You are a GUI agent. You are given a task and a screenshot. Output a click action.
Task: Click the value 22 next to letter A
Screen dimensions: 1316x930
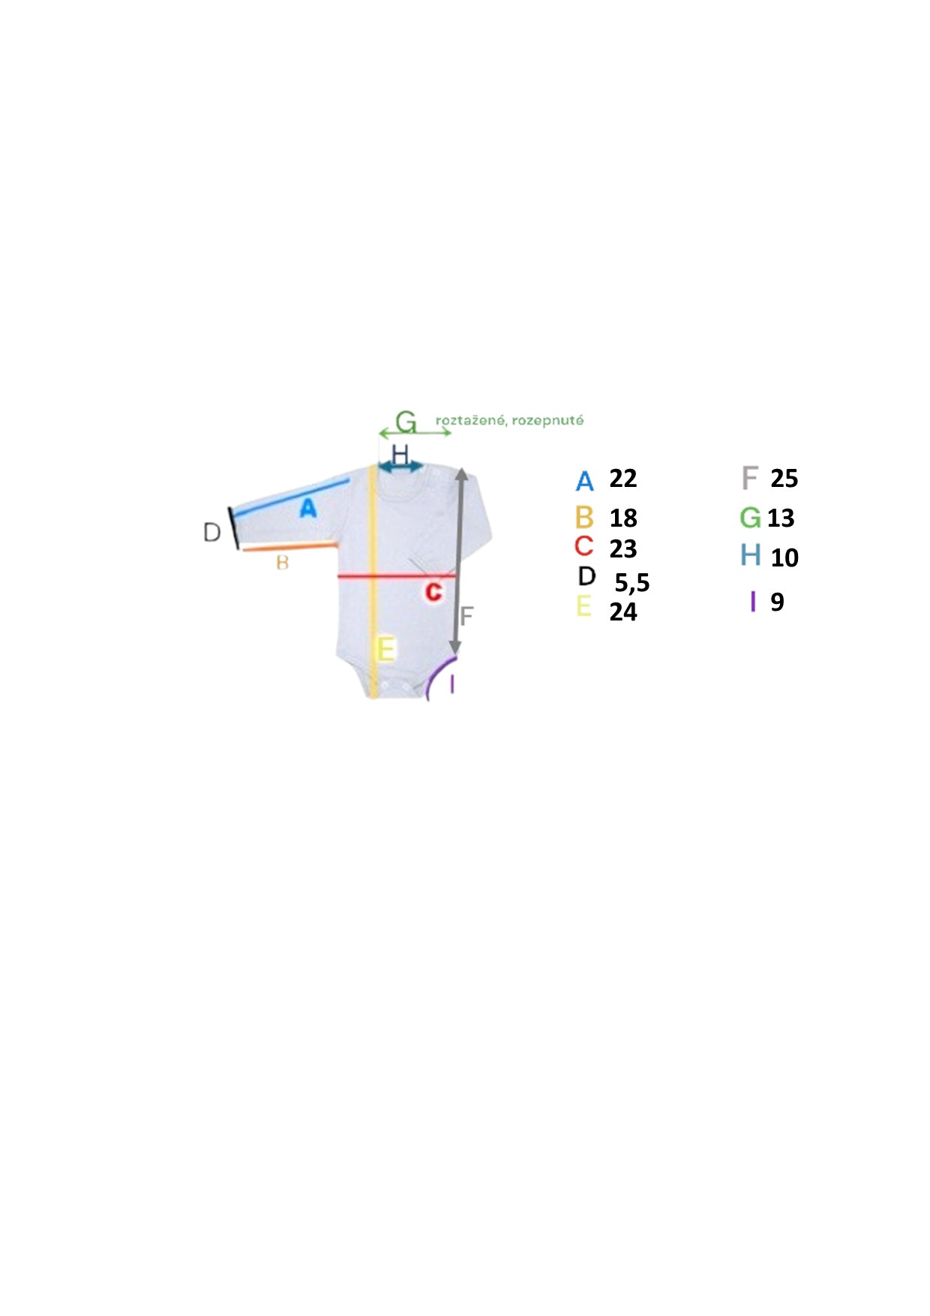[623, 479]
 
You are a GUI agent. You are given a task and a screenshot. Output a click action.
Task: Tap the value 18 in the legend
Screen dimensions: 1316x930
[623, 518]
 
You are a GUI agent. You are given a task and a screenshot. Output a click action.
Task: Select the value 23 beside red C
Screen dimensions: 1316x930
[623, 549]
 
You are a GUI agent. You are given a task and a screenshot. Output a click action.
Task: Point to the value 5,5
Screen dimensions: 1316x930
[632, 583]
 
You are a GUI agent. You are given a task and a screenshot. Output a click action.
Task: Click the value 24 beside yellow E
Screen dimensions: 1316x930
[623, 612]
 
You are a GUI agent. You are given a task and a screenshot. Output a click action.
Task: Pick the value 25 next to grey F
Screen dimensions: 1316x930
[784, 479]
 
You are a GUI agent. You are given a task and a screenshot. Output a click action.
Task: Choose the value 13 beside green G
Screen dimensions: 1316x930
[781, 518]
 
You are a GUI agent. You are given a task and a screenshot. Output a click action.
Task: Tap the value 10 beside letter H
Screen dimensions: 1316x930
[784, 558]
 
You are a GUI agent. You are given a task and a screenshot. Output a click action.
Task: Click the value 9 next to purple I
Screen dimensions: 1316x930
[777, 602]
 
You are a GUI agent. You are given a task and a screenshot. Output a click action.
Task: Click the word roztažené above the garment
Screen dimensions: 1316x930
[470, 420]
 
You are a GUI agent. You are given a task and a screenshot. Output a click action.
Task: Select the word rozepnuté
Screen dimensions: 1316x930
[547, 420]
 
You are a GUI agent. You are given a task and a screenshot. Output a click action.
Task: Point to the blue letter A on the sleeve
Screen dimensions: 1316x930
[307, 509]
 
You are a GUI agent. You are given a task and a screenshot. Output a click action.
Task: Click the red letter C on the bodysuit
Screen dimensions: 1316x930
[433, 592]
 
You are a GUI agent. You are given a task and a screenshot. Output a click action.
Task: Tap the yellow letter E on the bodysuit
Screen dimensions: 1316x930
[385, 648]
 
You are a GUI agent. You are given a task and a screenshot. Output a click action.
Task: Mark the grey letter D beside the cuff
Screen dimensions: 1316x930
[212, 533]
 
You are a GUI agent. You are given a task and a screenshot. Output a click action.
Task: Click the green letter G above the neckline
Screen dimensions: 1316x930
[406, 422]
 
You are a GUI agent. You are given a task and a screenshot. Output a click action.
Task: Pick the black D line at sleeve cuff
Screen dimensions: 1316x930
[234, 528]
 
